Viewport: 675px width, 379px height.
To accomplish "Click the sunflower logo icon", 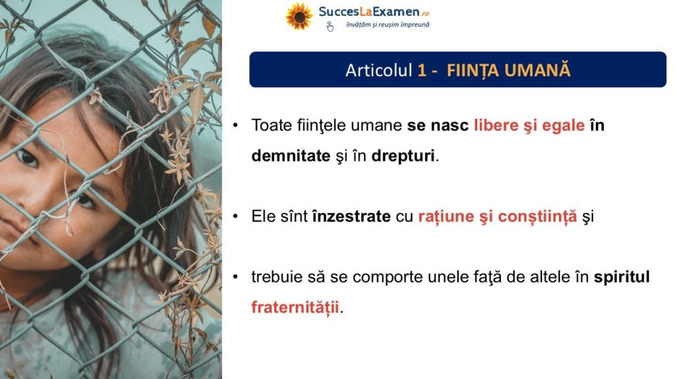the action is (299, 16).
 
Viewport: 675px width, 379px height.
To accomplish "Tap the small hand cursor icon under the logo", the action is (330, 26).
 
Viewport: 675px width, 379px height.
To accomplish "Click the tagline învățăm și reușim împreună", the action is (388, 25).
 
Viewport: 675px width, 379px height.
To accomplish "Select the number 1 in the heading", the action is (422, 70).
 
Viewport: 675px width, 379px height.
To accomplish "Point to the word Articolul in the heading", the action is (379, 70).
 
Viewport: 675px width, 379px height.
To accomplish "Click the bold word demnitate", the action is (291, 155).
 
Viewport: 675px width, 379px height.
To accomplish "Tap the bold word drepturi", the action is (403, 156).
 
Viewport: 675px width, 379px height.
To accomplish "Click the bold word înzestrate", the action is (351, 216).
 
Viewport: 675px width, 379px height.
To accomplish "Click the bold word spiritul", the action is (622, 277).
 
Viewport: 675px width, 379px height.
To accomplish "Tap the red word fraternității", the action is (295, 307).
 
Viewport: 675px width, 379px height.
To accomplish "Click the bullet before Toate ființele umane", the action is (235, 126).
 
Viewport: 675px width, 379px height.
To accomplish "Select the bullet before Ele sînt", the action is (235, 216).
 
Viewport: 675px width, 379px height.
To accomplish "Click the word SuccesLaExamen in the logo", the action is (369, 12).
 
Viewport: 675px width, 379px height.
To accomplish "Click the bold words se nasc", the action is (438, 126).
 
